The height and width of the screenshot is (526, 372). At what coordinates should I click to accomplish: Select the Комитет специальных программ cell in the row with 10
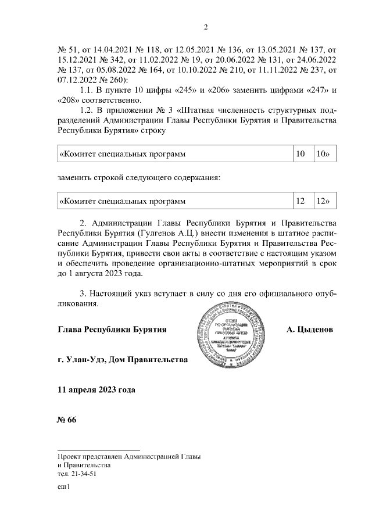[x=174, y=155]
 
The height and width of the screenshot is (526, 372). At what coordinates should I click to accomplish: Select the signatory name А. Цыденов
[x=310, y=330]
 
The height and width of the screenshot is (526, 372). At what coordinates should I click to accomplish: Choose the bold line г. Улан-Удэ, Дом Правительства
[x=123, y=360]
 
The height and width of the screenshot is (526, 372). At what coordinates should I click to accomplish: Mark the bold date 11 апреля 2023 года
[x=96, y=389]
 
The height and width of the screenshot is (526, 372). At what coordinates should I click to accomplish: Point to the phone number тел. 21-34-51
[x=77, y=474]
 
